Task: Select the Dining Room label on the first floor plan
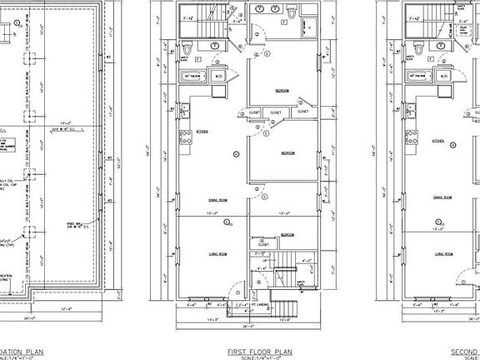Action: pyautogui.click(x=218, y=198)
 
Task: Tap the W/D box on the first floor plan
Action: pyautogui.click(x=217, y=77)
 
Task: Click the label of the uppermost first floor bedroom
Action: pyautogui.click(x=282, y=90)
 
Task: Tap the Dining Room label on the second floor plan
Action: pyautogui.click(x=442, y=198)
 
